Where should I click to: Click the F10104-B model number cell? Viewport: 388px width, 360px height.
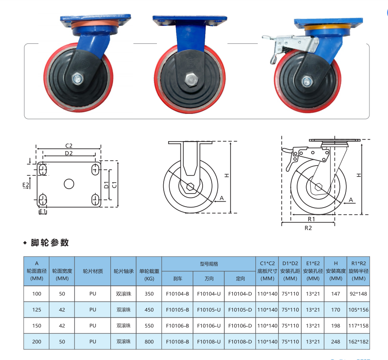point(177,294)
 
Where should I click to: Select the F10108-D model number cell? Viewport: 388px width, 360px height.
point(240,342)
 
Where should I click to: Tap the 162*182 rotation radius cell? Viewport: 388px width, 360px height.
point(358,342)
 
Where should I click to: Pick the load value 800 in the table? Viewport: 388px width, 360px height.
point(149,342)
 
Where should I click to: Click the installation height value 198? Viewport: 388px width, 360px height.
point(336,326)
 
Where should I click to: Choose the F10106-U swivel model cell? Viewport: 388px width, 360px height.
point(208,326)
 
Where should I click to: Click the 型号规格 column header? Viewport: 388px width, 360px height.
point(209,264)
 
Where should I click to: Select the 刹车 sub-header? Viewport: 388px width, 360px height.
point(177,279)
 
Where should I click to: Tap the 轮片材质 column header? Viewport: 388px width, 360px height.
point(93,271)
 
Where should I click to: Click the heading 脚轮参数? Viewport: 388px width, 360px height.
point(49,242)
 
